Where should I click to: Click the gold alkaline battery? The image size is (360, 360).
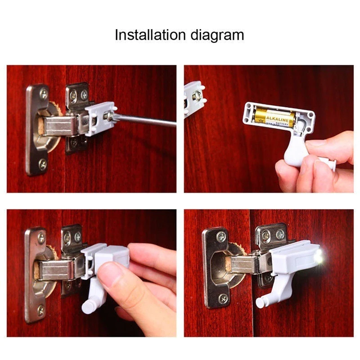274,117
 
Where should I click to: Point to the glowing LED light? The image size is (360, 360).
319,257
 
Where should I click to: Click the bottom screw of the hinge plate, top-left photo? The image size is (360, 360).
42,165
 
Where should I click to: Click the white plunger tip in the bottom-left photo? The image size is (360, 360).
87,307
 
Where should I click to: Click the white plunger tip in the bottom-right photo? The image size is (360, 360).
260,302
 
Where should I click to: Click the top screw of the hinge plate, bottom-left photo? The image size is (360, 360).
41,238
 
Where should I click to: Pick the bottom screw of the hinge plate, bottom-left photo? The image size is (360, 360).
40,310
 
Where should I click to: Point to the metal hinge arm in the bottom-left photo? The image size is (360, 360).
56,270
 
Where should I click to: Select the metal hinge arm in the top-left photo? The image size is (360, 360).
61,126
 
